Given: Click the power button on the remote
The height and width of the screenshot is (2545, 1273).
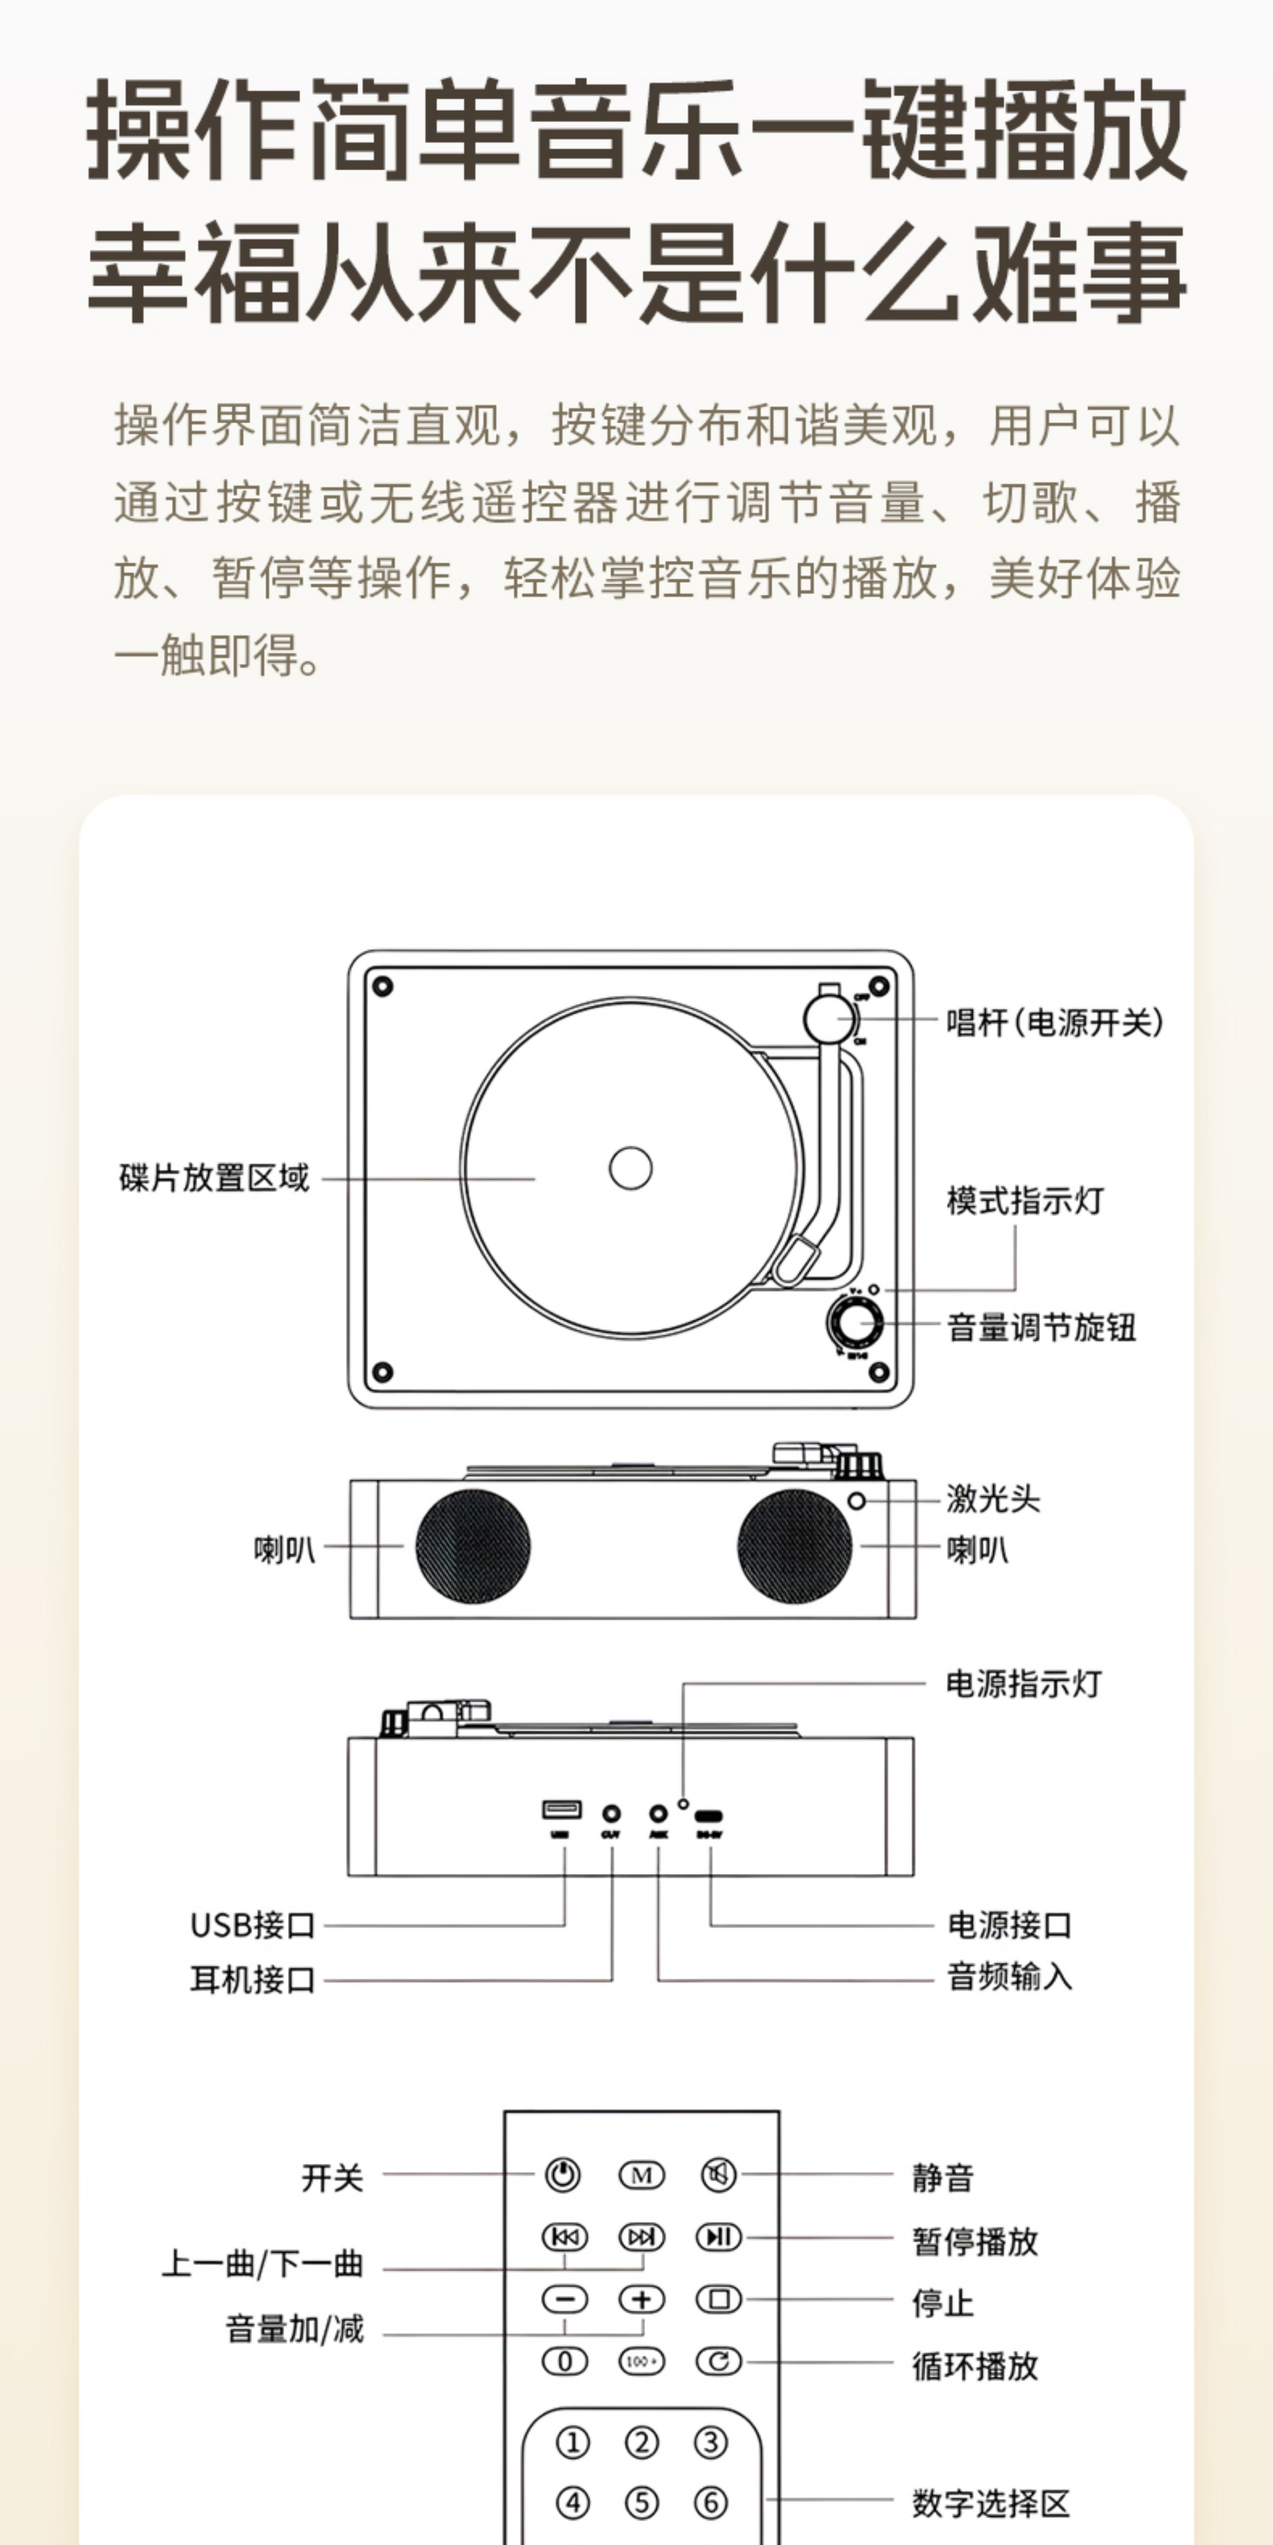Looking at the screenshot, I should point(563,2175).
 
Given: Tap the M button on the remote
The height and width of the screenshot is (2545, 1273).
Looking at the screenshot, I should point(642,2175).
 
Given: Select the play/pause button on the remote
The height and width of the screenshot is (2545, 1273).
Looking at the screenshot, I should point(719,2237).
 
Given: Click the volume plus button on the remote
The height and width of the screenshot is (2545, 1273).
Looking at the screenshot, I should point(642,2299).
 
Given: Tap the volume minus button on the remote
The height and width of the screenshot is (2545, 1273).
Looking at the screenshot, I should point(564,2299).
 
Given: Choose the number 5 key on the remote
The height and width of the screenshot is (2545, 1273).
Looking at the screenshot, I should point(642,2502).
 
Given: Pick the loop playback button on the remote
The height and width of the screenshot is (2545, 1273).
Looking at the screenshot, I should point(719,2361).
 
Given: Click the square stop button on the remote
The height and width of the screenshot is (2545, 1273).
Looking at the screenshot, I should point(719,2299).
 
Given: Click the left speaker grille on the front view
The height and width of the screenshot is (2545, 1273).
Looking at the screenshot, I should point(472,1546).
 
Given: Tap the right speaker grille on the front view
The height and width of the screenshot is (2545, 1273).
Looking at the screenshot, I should point(795,1546).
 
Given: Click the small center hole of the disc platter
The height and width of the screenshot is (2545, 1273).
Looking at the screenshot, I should point(630,1168).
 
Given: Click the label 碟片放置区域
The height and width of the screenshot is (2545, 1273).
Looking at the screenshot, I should point(214,1178).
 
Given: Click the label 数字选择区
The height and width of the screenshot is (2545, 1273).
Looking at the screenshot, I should point(990,2502).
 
